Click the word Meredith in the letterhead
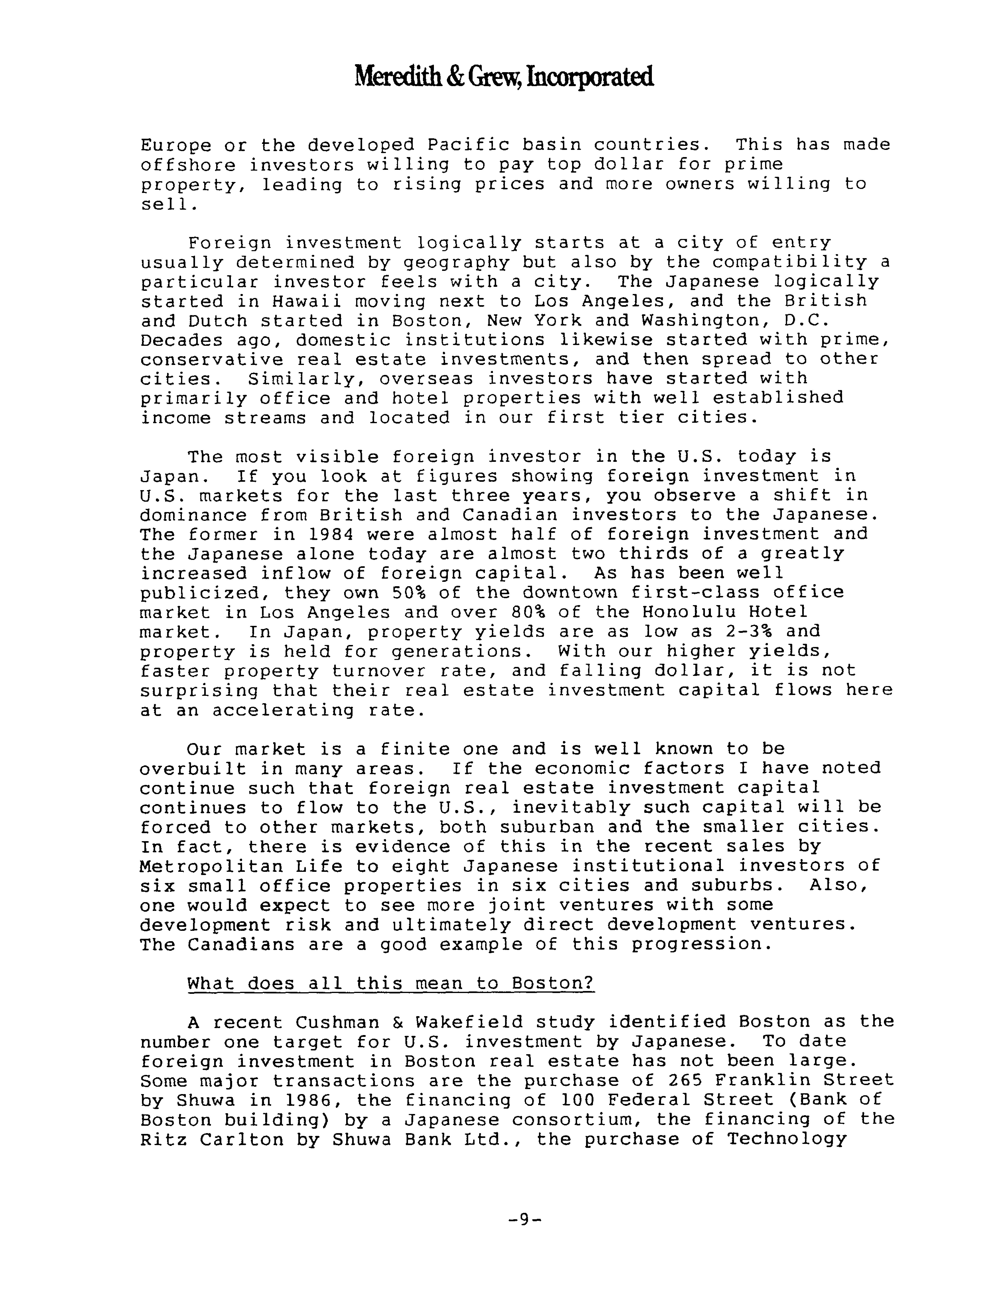click(x=394, y=77)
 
